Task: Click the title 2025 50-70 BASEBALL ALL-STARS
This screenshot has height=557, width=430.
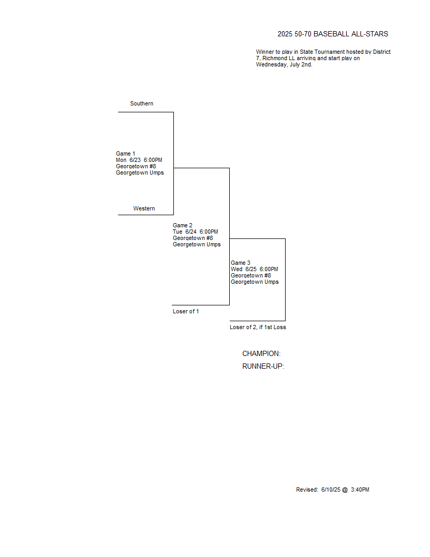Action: coord(333,34)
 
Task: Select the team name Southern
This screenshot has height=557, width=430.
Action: coord(142,103)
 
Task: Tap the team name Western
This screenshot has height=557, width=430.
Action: coord(144,208)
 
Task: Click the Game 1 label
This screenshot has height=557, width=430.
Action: coord(125,153)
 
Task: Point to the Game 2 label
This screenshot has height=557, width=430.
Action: coord(182,225)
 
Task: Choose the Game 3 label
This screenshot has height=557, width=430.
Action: coord(240,263)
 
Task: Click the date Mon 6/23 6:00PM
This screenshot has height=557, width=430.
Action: coord(139,160)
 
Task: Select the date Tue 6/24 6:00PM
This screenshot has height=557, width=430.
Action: coord(196,232)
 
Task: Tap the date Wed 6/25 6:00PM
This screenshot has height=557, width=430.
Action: coord(255,269)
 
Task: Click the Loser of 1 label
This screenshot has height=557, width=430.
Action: coord(186,312)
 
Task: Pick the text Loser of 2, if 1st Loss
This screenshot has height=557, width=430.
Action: coord(258,327)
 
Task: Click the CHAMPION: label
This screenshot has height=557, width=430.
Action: coord(261,354)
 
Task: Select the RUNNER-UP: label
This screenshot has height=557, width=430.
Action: coord(263,366)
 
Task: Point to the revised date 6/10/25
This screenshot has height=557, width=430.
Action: coord(330,489)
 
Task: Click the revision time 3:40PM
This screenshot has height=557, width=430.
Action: coord(360,489)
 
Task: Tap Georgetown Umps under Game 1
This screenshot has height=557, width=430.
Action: coord(140,172)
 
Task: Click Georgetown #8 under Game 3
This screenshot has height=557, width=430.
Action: coord(251,276)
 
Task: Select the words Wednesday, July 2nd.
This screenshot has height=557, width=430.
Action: coord(284,65)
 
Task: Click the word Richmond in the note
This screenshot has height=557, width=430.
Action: coord(275,58)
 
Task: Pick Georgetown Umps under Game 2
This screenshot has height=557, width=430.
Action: coord(197,244)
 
